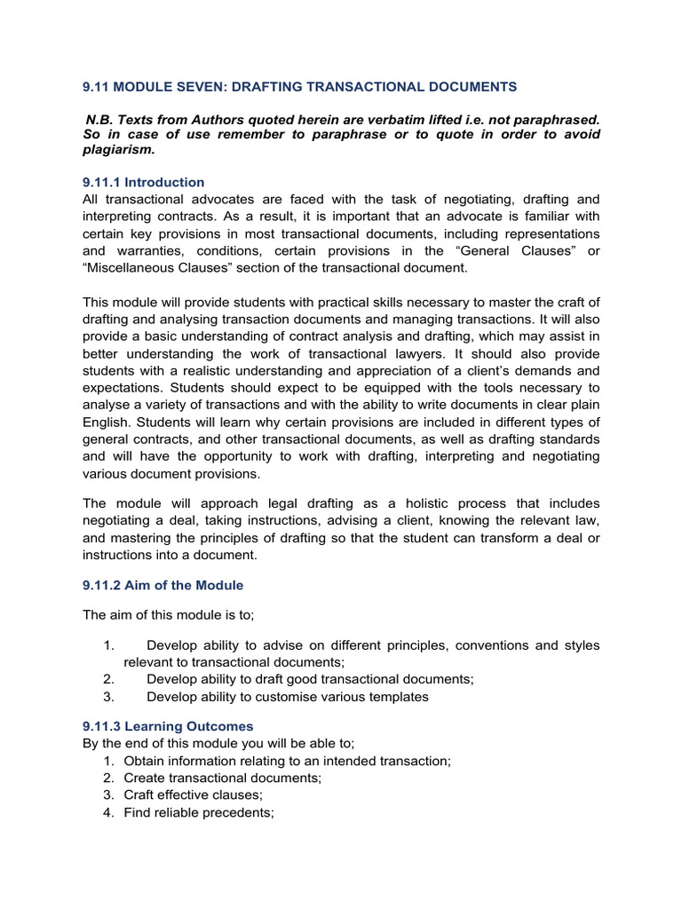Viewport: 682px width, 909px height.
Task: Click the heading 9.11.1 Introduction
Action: [143, 182]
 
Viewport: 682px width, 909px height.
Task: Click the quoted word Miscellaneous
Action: [132, 267]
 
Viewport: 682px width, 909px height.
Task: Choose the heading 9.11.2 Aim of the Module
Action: [163, 585]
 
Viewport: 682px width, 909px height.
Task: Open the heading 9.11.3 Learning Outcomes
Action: [168, 726]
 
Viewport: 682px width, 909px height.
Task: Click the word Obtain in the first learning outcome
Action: [146, 761]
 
